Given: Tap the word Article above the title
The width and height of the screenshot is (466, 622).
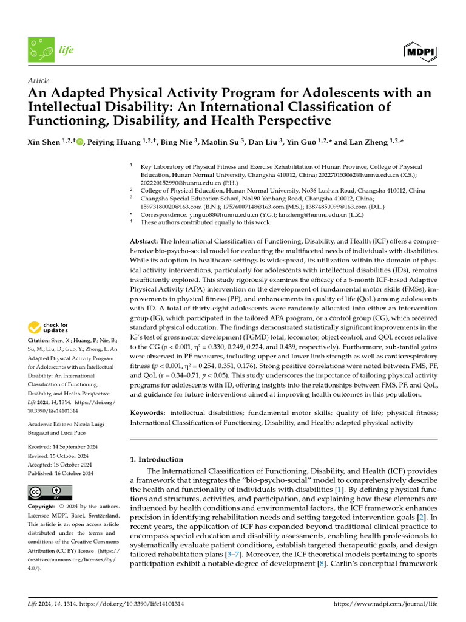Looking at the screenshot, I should (x=39, y=81).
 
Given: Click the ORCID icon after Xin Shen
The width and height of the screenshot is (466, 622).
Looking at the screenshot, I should (x=80, y=142).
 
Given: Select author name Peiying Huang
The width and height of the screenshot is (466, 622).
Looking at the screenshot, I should (x=113, y=142).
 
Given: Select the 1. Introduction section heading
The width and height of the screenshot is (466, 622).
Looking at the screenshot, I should (x=157, y=460).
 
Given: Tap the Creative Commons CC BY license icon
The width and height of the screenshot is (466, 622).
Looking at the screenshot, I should (x=50, y=491).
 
